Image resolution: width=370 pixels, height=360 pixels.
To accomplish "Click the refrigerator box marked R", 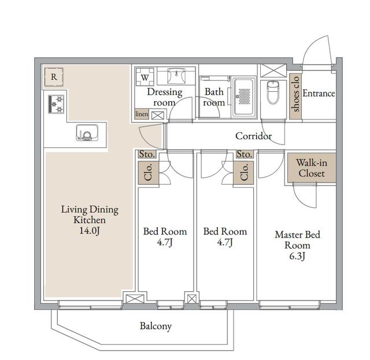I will click(x=54, y=76).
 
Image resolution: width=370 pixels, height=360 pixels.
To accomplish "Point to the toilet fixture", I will click(x=273, y=92).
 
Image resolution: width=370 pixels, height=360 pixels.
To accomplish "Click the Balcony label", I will click(x=156, y=326).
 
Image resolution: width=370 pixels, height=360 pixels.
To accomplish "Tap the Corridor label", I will click(x=253, y=136).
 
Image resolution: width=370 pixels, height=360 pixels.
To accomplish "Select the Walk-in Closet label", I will click(x=310, y=168).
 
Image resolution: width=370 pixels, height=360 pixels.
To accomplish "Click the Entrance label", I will click(x=319, y=93).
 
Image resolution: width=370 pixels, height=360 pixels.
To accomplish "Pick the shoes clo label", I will click(x=295, y=93).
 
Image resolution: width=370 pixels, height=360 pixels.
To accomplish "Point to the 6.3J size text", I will click(x=297, y=256).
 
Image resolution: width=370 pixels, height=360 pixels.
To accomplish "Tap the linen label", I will click(x=142, y=114).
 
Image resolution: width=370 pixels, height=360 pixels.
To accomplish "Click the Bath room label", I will click(x=214, y=97).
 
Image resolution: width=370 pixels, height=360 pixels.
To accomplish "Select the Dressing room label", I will click(x=164, y=97).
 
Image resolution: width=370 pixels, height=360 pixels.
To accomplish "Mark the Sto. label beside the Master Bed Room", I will click(x=244, y=154).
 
